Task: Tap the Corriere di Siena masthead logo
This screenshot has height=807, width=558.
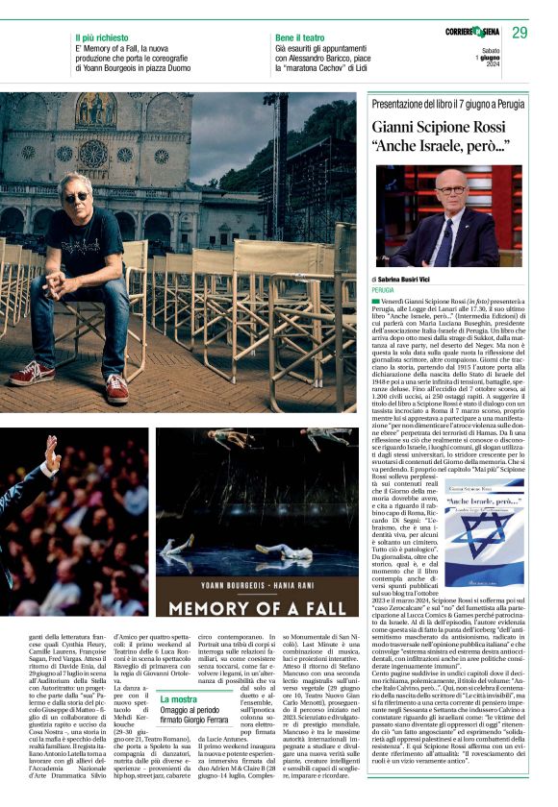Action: point(476,32)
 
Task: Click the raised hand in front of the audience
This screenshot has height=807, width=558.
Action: point(51,455)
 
